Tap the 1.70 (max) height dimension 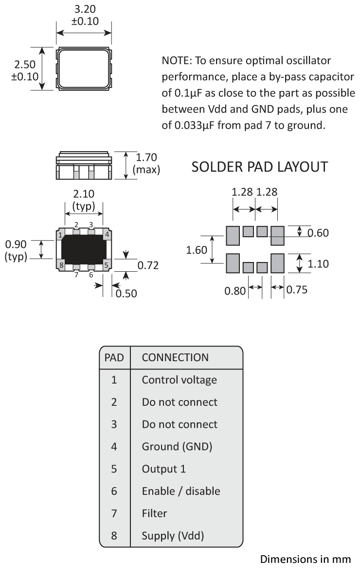[x=146, y=163]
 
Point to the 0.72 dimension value [x=148, y=265]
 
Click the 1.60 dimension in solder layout [x=198, y=250]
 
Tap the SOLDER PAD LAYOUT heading [x=259, y=167]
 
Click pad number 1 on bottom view [x=60, y=236]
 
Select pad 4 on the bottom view [x=107, y=234]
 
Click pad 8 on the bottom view [x=60, y=265]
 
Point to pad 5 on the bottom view [x=107, y=265]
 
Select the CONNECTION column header [x=175, y=357]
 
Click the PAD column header [x=114, y=357]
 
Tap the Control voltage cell [x=179, y=380]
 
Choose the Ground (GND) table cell [x=177, y=446]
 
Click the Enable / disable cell [x=180, y=491]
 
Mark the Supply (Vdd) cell [x=173, y=536]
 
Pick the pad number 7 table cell [x=114, y=513]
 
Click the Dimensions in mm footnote [x=305, y=559]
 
